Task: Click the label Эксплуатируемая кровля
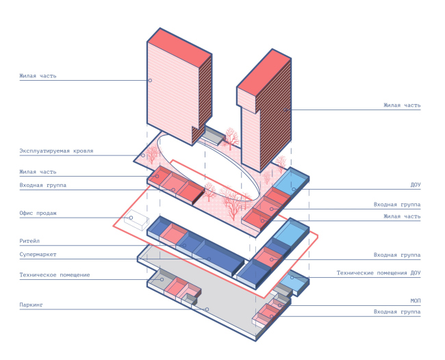56,151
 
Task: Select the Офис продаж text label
38,214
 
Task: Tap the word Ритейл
31,241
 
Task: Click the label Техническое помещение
54,275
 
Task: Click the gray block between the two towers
214,137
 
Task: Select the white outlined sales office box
136,220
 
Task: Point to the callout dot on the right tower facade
288,110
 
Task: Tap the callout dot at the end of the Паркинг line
206,309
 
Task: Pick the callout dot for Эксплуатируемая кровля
143,155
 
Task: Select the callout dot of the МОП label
279,305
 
